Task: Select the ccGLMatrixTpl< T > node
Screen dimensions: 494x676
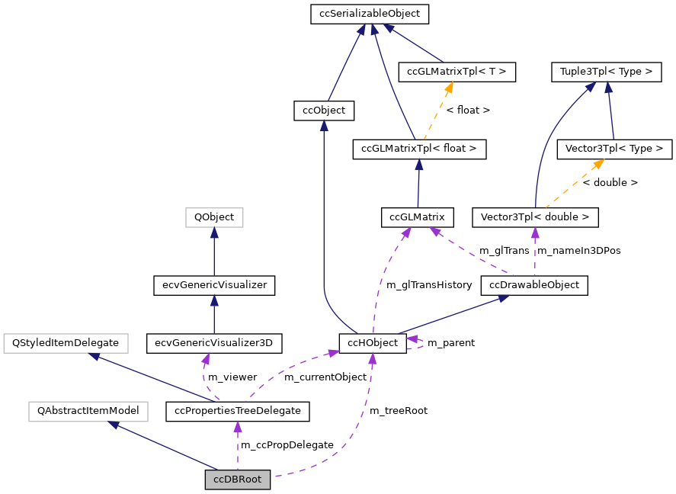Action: tap(457, 72)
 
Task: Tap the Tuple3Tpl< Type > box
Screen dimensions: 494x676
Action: tap(605, 72)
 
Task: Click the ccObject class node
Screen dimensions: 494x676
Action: tap(324, 111)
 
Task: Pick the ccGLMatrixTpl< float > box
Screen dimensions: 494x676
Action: tap(419, 149)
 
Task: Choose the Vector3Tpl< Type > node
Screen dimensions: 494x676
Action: tap(614, 149)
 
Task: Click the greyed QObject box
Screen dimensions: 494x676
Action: tap(214, 217)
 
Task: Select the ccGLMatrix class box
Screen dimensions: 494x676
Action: tap(417, 217)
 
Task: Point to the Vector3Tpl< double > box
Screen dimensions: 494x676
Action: tap(535, 217)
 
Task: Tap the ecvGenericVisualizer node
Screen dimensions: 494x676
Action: tap(214, 285)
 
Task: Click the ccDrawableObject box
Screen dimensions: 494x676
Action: tap(533, 285)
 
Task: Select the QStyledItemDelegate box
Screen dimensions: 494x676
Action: tap(66, 343)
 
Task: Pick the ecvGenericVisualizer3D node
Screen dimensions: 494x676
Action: tap(214, 343)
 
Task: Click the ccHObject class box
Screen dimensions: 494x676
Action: tap(373, 343)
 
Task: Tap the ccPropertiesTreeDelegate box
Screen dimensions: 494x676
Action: tap(238, 411)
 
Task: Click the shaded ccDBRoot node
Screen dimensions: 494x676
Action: tap(238, 480)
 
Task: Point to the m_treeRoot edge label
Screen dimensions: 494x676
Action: tap(398, 411)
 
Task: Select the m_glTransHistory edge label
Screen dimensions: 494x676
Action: tap(429, 285)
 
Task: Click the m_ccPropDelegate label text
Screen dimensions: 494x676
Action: tap(287, 445)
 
